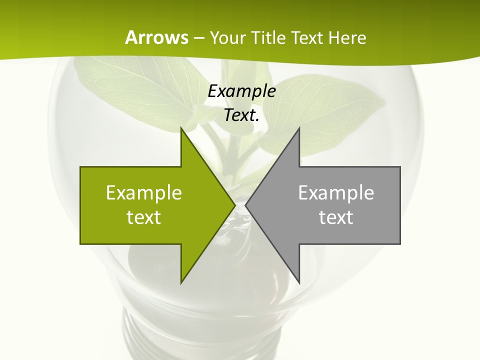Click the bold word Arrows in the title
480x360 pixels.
157,37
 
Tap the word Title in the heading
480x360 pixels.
267,37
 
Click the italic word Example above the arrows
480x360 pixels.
241,91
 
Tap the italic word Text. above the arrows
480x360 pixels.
241,115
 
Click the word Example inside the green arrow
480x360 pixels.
144,192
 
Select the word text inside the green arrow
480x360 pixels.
144,217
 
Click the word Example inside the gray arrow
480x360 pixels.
336,192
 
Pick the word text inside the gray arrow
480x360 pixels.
336,217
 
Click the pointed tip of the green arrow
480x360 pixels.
235,205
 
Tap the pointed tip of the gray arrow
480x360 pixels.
245,205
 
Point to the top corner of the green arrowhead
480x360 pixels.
181,128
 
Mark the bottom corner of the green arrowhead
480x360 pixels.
181,282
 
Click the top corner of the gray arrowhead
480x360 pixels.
299,128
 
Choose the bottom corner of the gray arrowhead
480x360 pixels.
299,282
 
